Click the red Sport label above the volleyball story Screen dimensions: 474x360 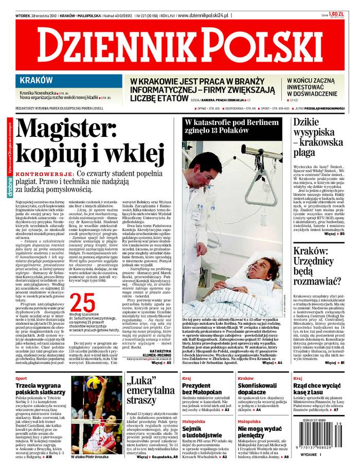coord(21,378)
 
